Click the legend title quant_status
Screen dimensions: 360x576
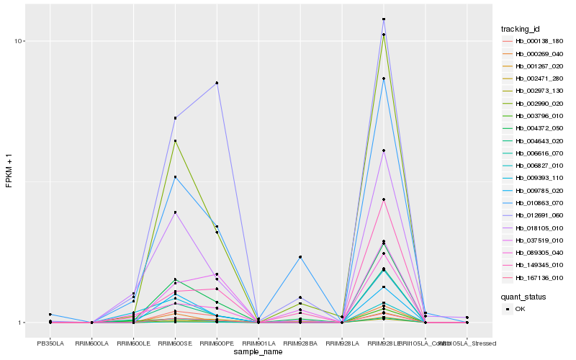(523, 296)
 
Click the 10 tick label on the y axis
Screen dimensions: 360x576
(19, 41)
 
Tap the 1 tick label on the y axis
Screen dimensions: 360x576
(22, 323)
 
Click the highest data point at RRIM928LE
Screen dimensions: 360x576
(384, 19)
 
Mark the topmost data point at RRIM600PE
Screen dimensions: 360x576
(217, 83)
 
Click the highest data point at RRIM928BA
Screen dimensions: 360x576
(300, 257)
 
